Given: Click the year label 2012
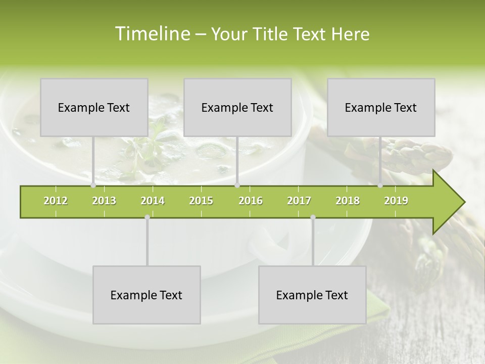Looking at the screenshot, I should [x=56, y=201].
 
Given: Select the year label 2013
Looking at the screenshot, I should [x=104, y=201].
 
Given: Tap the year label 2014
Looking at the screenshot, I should [x=153, y=201].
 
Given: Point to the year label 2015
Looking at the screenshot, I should [x=201, y=201].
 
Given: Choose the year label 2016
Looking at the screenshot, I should [x=251, y=201].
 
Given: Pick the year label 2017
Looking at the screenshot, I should [x=299, y=201].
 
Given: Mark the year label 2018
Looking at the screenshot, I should [x=348, y=201].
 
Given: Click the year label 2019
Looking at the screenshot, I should [x=396, y=201].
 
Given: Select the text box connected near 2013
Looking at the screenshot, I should [x=94, y=107].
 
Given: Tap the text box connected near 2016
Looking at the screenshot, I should [x=237, y=107].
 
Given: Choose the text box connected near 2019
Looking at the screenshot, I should [x=381, y=107].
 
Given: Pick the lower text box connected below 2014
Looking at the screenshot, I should [x=147, y=295].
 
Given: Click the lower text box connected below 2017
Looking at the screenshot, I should [x=312, y=295].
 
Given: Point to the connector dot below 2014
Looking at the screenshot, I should [x=147, y=217].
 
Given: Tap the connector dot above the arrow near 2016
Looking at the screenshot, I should [x=237, y=186].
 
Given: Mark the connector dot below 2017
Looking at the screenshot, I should [x=313, y=217].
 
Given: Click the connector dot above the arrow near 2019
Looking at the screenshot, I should [x=380, y=186].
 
